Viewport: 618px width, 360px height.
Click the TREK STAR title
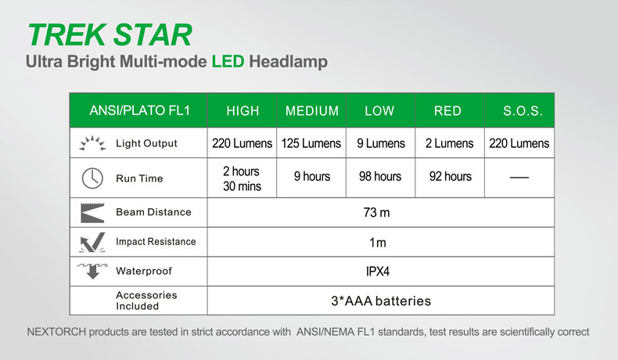(x=110, y=34)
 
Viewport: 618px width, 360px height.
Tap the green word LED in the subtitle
(x=228, y=62)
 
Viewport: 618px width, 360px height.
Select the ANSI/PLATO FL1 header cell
(x=139, y=110)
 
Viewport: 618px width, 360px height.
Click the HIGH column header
(x=243, y=111)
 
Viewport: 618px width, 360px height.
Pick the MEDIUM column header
(x=312, y=111)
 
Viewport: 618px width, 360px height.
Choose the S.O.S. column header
(x=523, y=111)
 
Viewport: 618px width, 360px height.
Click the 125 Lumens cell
(x=311, y=143)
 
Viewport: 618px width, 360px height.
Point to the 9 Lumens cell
(x=381, y=143)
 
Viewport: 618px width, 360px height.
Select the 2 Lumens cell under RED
(x=449, y=143)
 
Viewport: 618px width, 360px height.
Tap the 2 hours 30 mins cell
(x=242, y=178)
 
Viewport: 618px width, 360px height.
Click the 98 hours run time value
(x=380, y=176)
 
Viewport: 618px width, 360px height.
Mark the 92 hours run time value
(x=450, y=176)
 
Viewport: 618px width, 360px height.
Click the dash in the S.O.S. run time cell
(x=519, y=178)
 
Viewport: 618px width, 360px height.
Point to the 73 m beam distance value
(x=376, y=213)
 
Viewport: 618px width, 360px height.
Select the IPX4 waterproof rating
(x=378, y=272)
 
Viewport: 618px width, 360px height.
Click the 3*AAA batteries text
(x=381, y=301)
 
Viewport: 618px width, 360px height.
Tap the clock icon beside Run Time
(x=92, y=178)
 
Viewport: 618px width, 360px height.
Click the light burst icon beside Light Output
(x=92, y=143)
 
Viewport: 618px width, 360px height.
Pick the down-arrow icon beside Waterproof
(x=92, y=271)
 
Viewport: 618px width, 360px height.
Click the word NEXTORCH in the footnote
(x=56, y=332)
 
